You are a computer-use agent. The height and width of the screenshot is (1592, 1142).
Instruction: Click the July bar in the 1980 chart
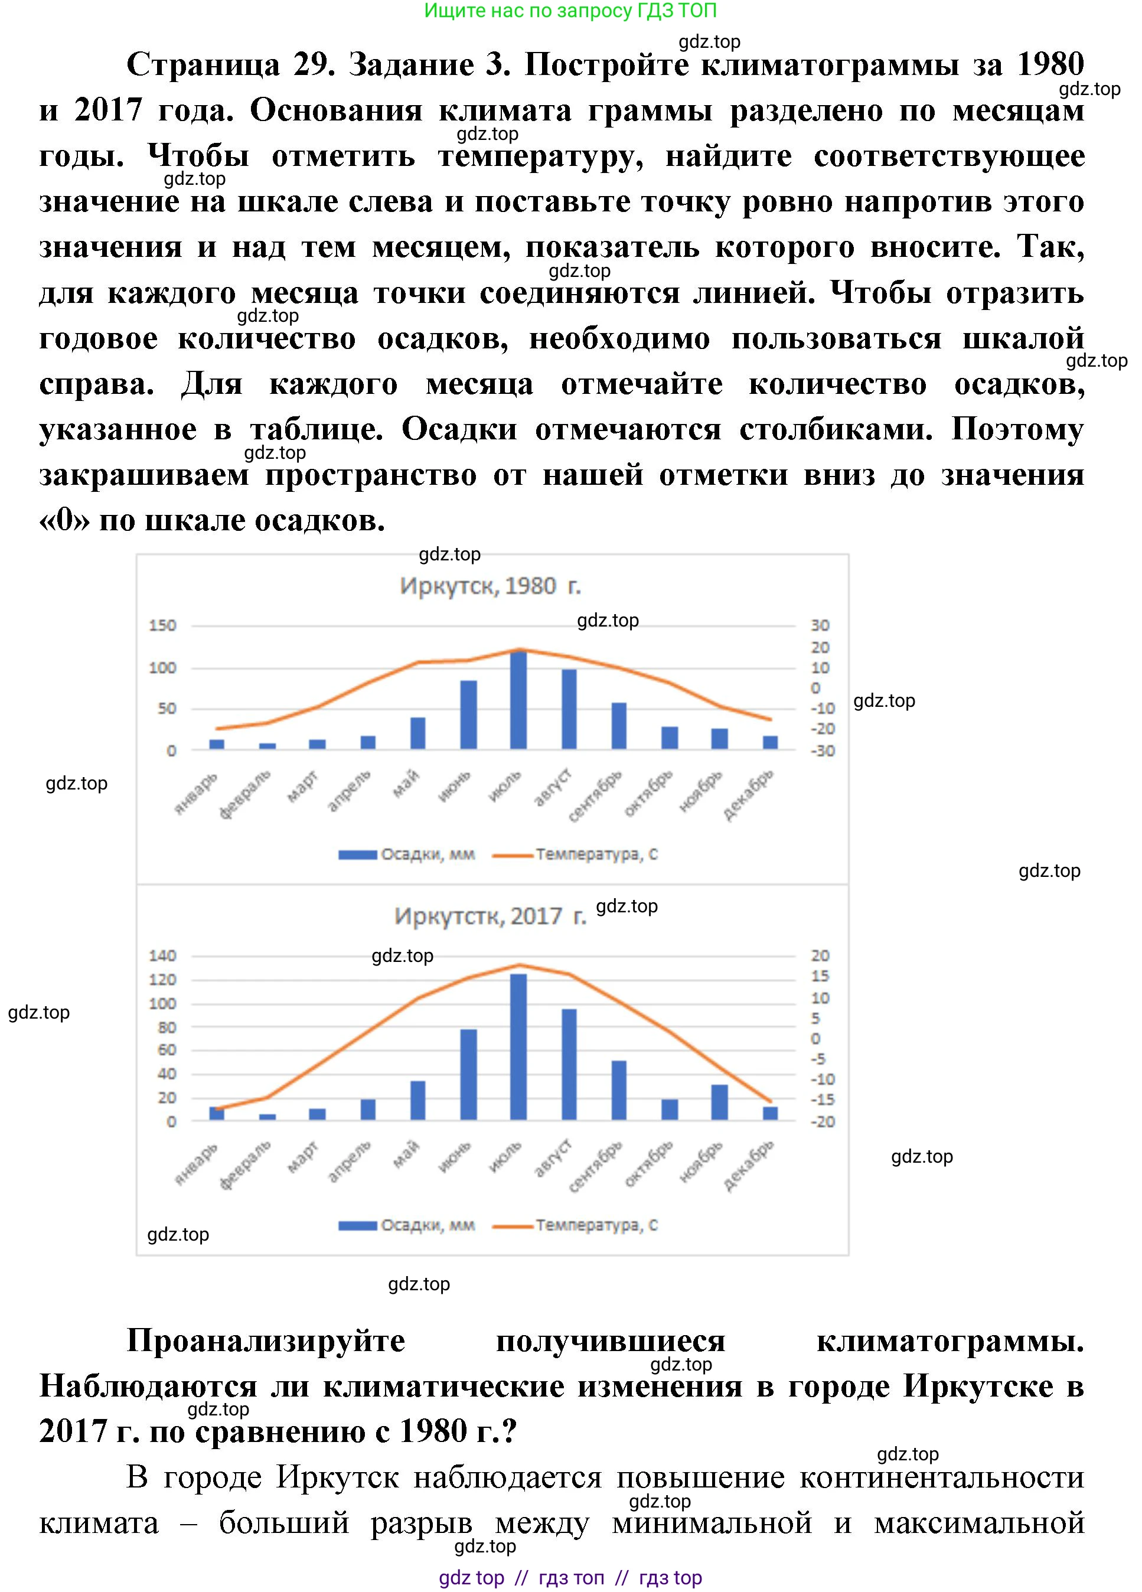(x=518, y=700)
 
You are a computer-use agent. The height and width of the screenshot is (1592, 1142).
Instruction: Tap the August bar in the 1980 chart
(x=569, y=709)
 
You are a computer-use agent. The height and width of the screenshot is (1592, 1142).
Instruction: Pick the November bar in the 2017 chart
(x=719, y=1102)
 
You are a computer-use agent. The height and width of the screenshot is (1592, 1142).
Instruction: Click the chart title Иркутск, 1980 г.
(x=491, y=585)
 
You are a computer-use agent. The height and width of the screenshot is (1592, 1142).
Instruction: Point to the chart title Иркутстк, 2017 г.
(x=490, y=916)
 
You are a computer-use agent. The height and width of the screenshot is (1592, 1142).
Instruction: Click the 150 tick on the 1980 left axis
(x=162, y=625)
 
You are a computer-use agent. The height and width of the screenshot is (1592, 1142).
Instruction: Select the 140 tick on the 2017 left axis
(x=162, y=955)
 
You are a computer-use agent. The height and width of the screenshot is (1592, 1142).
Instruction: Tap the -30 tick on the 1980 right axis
(x=822, y=751)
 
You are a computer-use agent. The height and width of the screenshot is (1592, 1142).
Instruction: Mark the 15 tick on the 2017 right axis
(x=820, y=976)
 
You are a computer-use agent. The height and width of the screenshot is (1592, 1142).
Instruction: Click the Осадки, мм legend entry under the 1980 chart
(x=407, y=854)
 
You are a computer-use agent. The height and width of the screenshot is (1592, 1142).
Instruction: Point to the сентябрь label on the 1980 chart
(x=595, y=797)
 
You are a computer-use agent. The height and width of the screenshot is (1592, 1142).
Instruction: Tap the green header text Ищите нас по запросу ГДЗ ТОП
(x=570, y=11)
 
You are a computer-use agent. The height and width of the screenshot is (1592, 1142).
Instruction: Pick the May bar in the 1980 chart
(x=417, y=733)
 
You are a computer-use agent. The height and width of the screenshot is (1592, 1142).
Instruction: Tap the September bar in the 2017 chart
(x=618, y=1090)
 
